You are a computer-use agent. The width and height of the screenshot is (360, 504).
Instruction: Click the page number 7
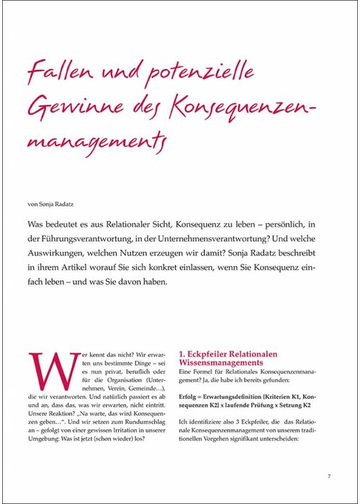[328, 476]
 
